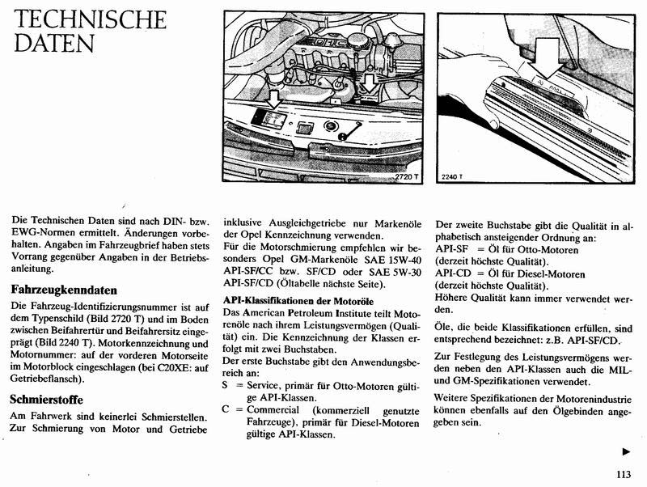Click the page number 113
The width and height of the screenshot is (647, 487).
click(620, 475)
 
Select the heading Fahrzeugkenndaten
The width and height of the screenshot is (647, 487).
click(65, 289)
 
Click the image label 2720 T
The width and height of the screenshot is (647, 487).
click(407, 176)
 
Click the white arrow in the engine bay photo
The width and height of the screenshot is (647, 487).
click(273, 99)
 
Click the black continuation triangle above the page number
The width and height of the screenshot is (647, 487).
click(626, 451)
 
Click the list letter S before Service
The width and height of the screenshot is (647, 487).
click(226, 386)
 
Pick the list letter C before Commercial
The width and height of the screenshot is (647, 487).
click(226, 410)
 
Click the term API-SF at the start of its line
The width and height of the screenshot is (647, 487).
click(450, 249)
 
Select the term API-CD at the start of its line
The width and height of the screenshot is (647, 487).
click(451, 274)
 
